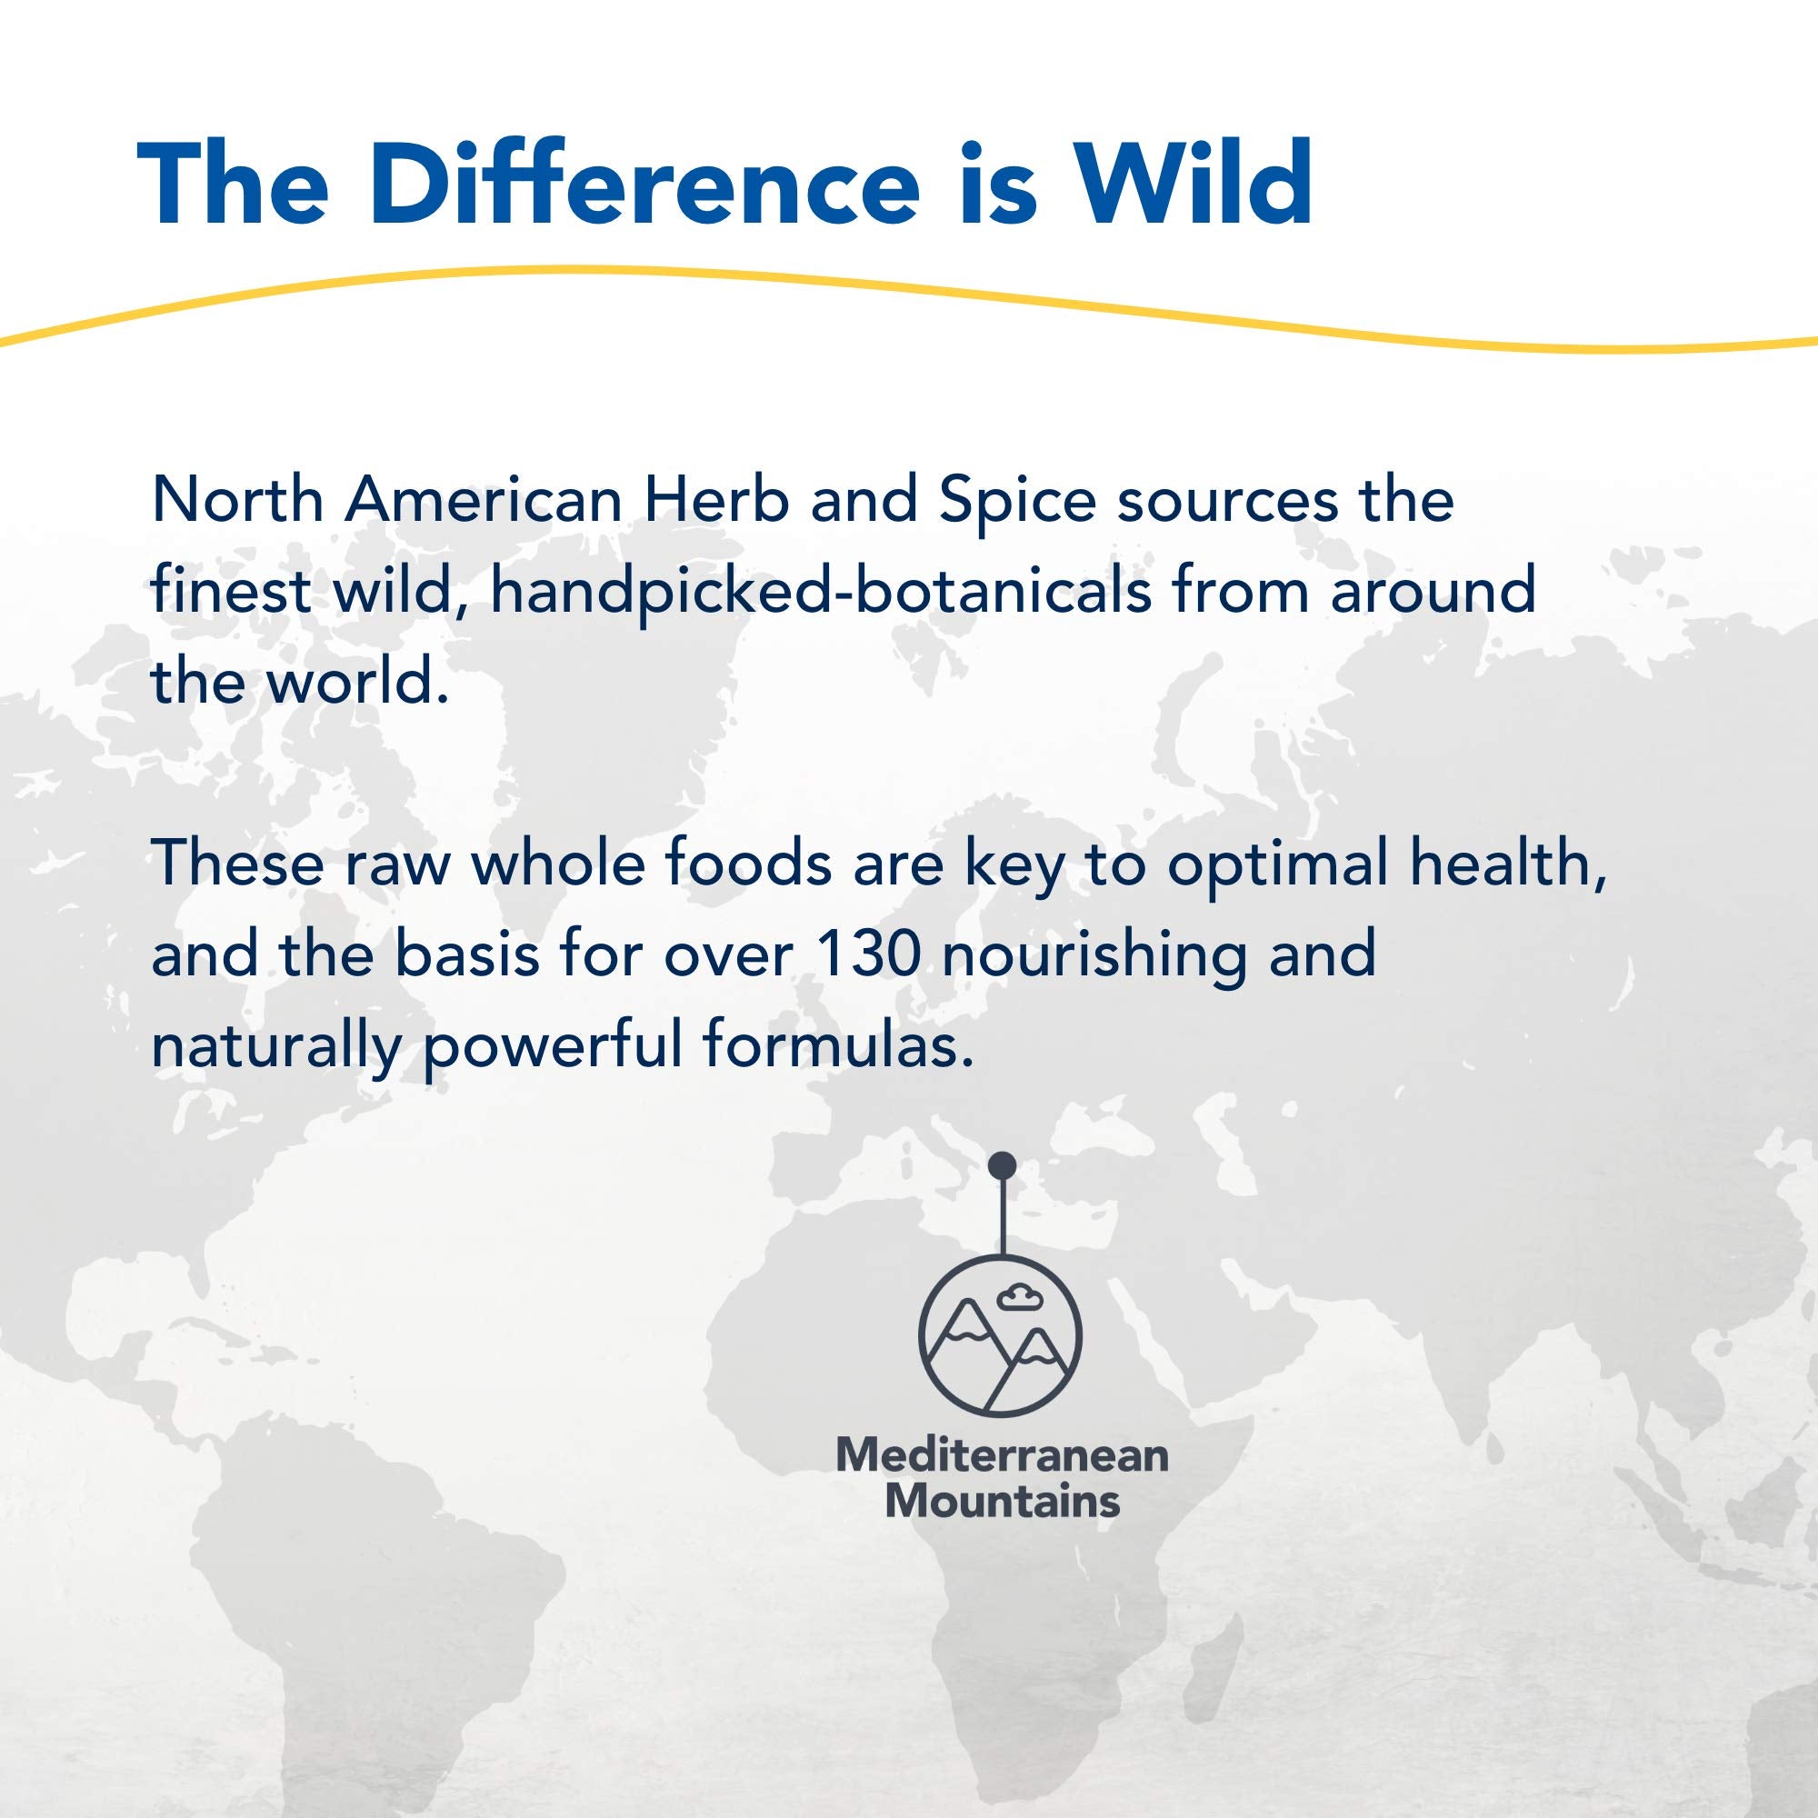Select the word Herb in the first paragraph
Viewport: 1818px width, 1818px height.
click(716, 501)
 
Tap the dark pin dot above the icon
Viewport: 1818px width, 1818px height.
click(1004, 1166)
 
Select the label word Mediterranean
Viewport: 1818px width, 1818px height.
click(1002, 1455)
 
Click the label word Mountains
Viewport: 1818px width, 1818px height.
click(1002, 1500)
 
